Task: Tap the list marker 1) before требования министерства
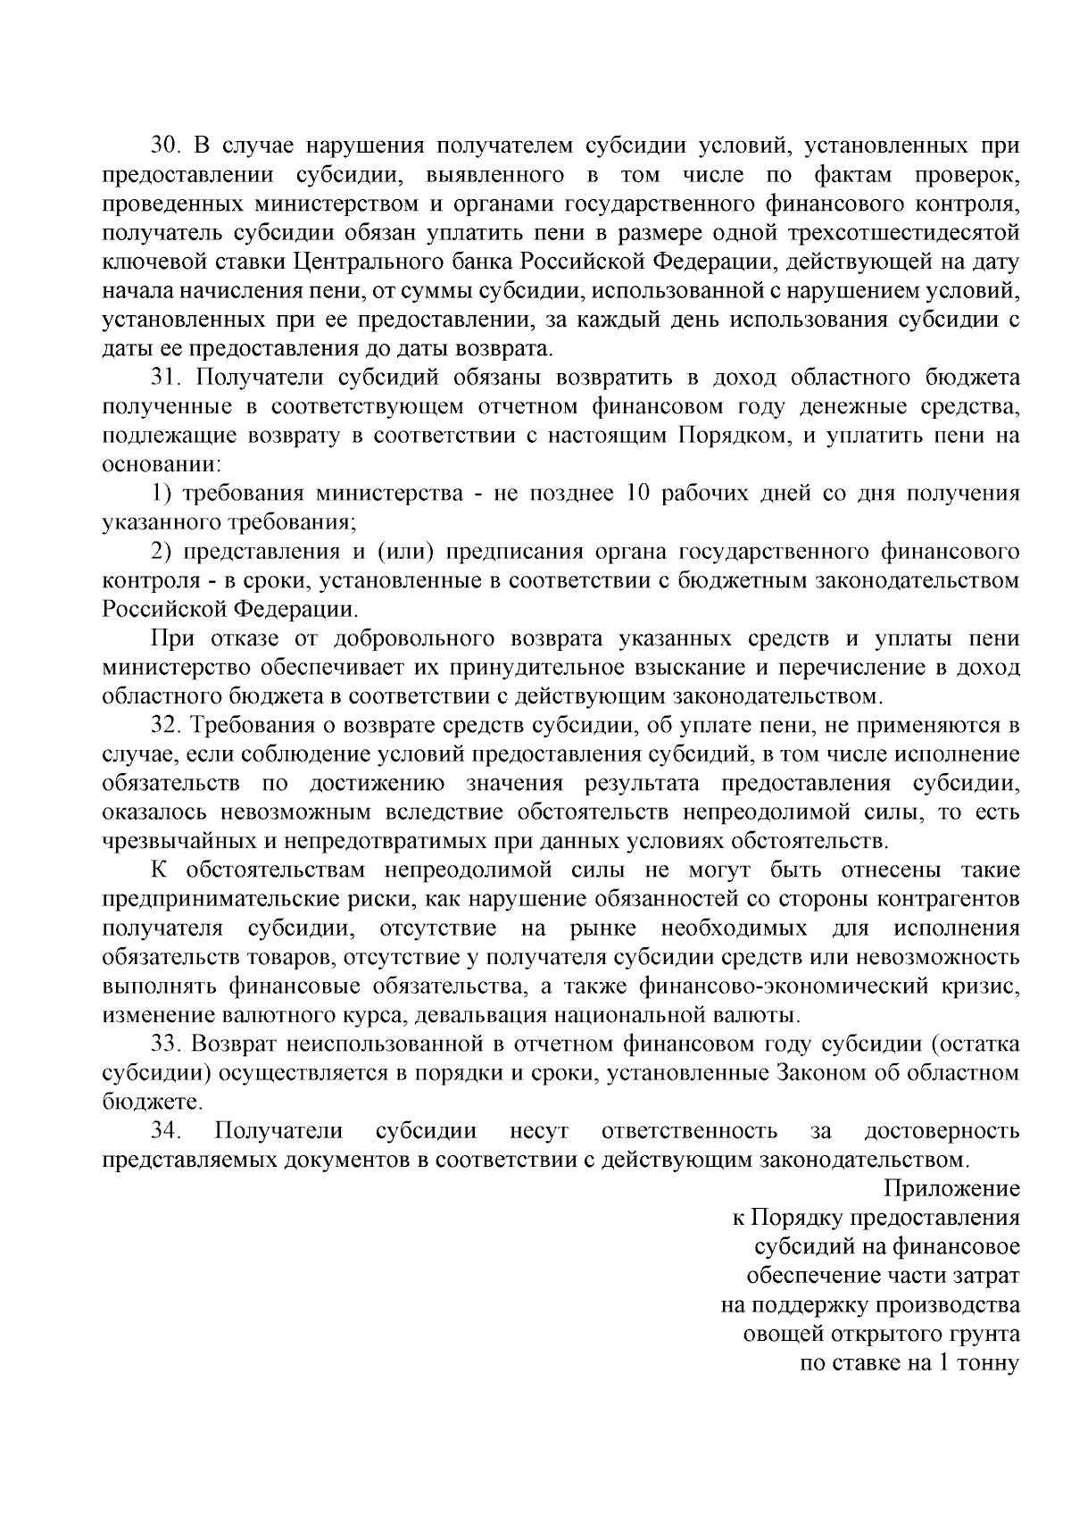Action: pyautogui.click(x=161, y=494)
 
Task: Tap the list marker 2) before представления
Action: pyautogui.click(x=161, y=552)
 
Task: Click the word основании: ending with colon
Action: pyautogui.click(x=162, y=465)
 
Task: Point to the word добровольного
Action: pyautogui.click(x=414, y=638)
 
